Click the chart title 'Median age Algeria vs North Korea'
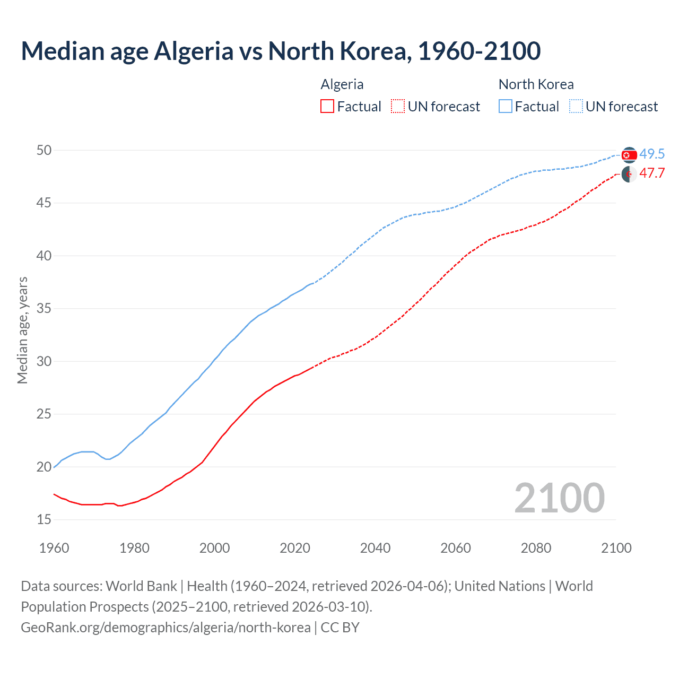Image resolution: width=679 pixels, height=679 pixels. (281, 51)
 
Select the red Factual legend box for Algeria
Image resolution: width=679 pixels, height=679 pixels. (327, 107)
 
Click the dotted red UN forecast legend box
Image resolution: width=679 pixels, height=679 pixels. (398, 107)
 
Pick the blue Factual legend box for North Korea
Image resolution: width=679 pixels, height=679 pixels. (506, 107)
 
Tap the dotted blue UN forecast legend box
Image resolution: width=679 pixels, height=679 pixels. (576, 107)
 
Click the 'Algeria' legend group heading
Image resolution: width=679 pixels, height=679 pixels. (342, 84)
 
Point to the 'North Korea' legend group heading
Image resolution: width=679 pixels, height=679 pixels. (536, 84)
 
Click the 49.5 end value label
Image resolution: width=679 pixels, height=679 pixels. (652, 154)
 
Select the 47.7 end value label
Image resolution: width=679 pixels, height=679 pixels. (652, 173)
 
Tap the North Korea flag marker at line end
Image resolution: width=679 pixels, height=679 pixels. (629, 155)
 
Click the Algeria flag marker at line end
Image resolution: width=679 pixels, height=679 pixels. (629, 174)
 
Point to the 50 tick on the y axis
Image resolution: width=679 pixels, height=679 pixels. (44, 151)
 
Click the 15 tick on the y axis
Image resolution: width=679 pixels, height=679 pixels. (44, 520)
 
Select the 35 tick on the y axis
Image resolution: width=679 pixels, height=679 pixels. (44, 309)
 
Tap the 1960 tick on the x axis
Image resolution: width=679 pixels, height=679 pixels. (54, 548)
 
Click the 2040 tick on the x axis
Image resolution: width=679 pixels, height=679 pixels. (375, 548)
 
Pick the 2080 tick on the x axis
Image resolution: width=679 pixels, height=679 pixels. (536, 548)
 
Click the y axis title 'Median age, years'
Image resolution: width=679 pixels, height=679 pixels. (22, 330)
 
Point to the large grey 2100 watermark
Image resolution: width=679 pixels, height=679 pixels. (559, 498)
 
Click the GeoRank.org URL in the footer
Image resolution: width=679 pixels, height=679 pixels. (166, 628)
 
